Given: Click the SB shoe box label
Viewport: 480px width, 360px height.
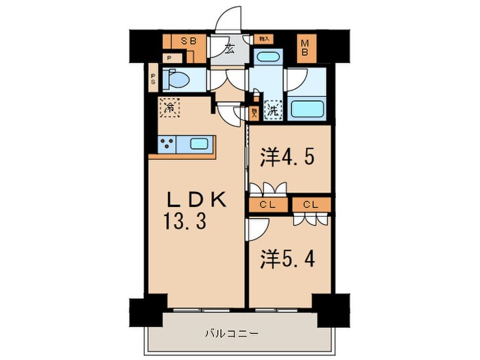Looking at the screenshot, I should [188, 41].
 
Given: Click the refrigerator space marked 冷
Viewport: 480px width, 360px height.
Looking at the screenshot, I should [169, 108].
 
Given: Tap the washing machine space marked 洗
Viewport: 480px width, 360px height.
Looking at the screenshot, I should [273, 108].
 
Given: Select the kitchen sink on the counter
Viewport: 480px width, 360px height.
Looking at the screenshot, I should [200, 144].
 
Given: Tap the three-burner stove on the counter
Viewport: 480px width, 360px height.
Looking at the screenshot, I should [167, 144].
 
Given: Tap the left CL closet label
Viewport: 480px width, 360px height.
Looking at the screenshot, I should [267, 204].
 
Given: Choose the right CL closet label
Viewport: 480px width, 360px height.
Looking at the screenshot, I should [310, 204].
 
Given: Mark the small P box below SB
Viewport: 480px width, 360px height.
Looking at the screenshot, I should [169, 58].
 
